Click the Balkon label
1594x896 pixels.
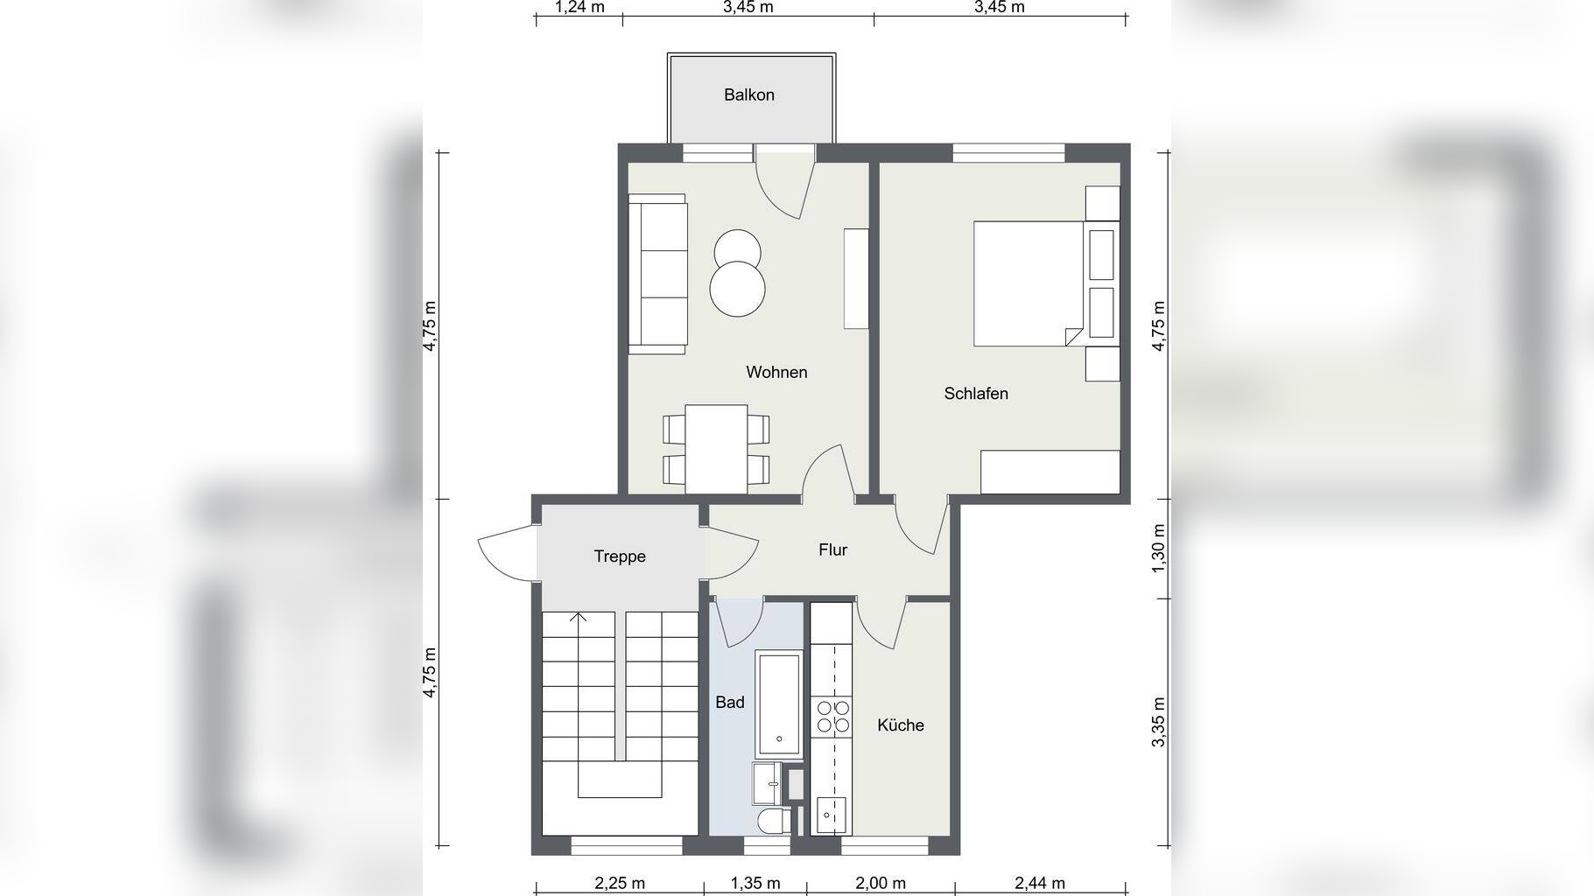pos(748,94)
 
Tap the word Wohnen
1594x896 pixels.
pos(776,372)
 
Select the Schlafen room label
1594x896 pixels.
pos(976,394)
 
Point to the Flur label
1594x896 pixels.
pos(832,549)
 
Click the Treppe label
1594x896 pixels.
pos(620,556)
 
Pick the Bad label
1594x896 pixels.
pos(730,702)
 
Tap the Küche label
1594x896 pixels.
pos(901,724)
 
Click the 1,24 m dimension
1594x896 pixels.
pos(579,8)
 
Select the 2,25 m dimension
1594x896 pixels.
pos(620,884)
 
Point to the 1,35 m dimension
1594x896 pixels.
pos(755,884)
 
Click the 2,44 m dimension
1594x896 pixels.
pos(1040,884)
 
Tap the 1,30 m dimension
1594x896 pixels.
pos(1159,549)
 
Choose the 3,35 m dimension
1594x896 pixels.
pos(1159,722)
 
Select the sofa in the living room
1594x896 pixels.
pos(658,274)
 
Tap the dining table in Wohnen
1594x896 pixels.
pos(716,449)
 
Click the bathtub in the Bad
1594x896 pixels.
pos(778,703)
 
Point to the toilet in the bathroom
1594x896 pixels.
pos(774,821)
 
